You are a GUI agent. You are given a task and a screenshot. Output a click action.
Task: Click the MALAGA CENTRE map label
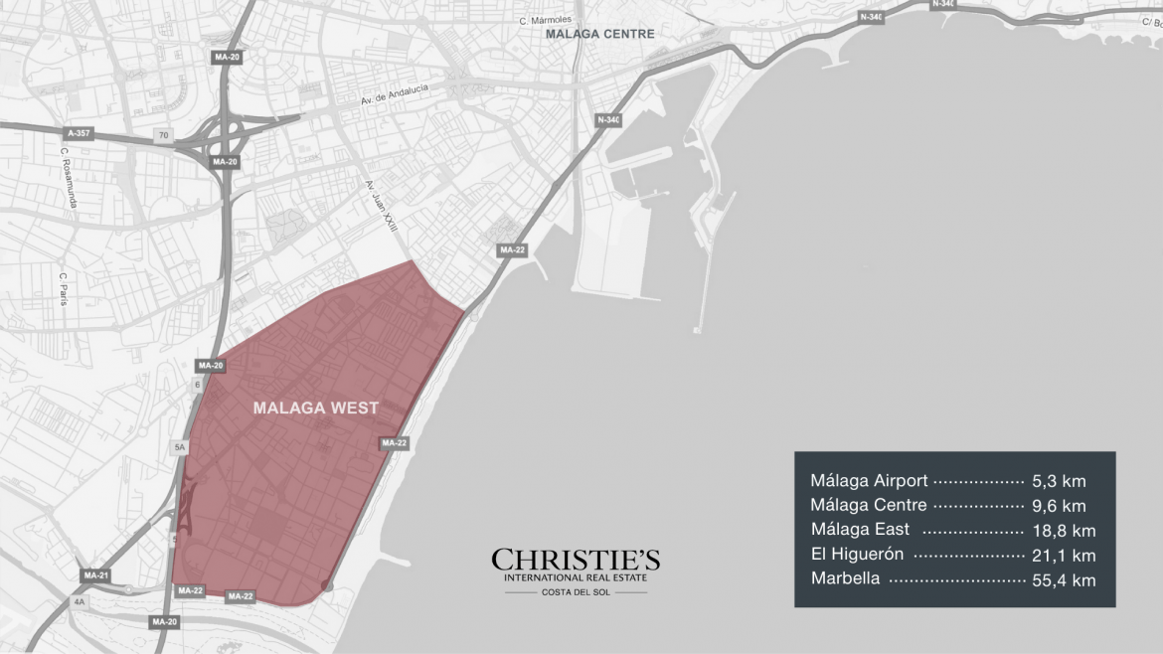pos(600,34)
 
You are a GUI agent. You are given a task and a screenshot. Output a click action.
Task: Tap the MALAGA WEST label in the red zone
pos(316,408)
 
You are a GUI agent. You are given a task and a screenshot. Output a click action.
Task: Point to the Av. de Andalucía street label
pos(395,95)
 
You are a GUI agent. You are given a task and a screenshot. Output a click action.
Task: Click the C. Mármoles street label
pos(545,19)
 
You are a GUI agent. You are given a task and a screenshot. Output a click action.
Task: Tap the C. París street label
pos(63,288)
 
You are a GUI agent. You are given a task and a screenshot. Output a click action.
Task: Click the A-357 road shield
pos(80,132)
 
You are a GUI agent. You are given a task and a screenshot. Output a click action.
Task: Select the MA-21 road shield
pos(96,575)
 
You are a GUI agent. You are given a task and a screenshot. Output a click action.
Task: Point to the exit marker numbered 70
pos(161,134)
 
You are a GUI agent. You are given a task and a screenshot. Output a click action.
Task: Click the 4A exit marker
pos(81,601)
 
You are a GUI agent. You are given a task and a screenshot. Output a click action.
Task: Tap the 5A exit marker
pos(180,448)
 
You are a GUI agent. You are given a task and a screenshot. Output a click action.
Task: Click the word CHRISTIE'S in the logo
pos(576,561)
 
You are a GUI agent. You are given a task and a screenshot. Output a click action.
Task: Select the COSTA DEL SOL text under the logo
pos(576,592)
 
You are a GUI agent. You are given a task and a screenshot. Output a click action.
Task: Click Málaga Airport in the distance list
pos(869,481)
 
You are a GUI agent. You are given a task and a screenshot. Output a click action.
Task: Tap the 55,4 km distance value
pos(1064,579)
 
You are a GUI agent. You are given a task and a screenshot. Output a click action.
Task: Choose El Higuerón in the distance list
pos(857,555)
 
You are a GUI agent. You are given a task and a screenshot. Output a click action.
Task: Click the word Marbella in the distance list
pos(845,579)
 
